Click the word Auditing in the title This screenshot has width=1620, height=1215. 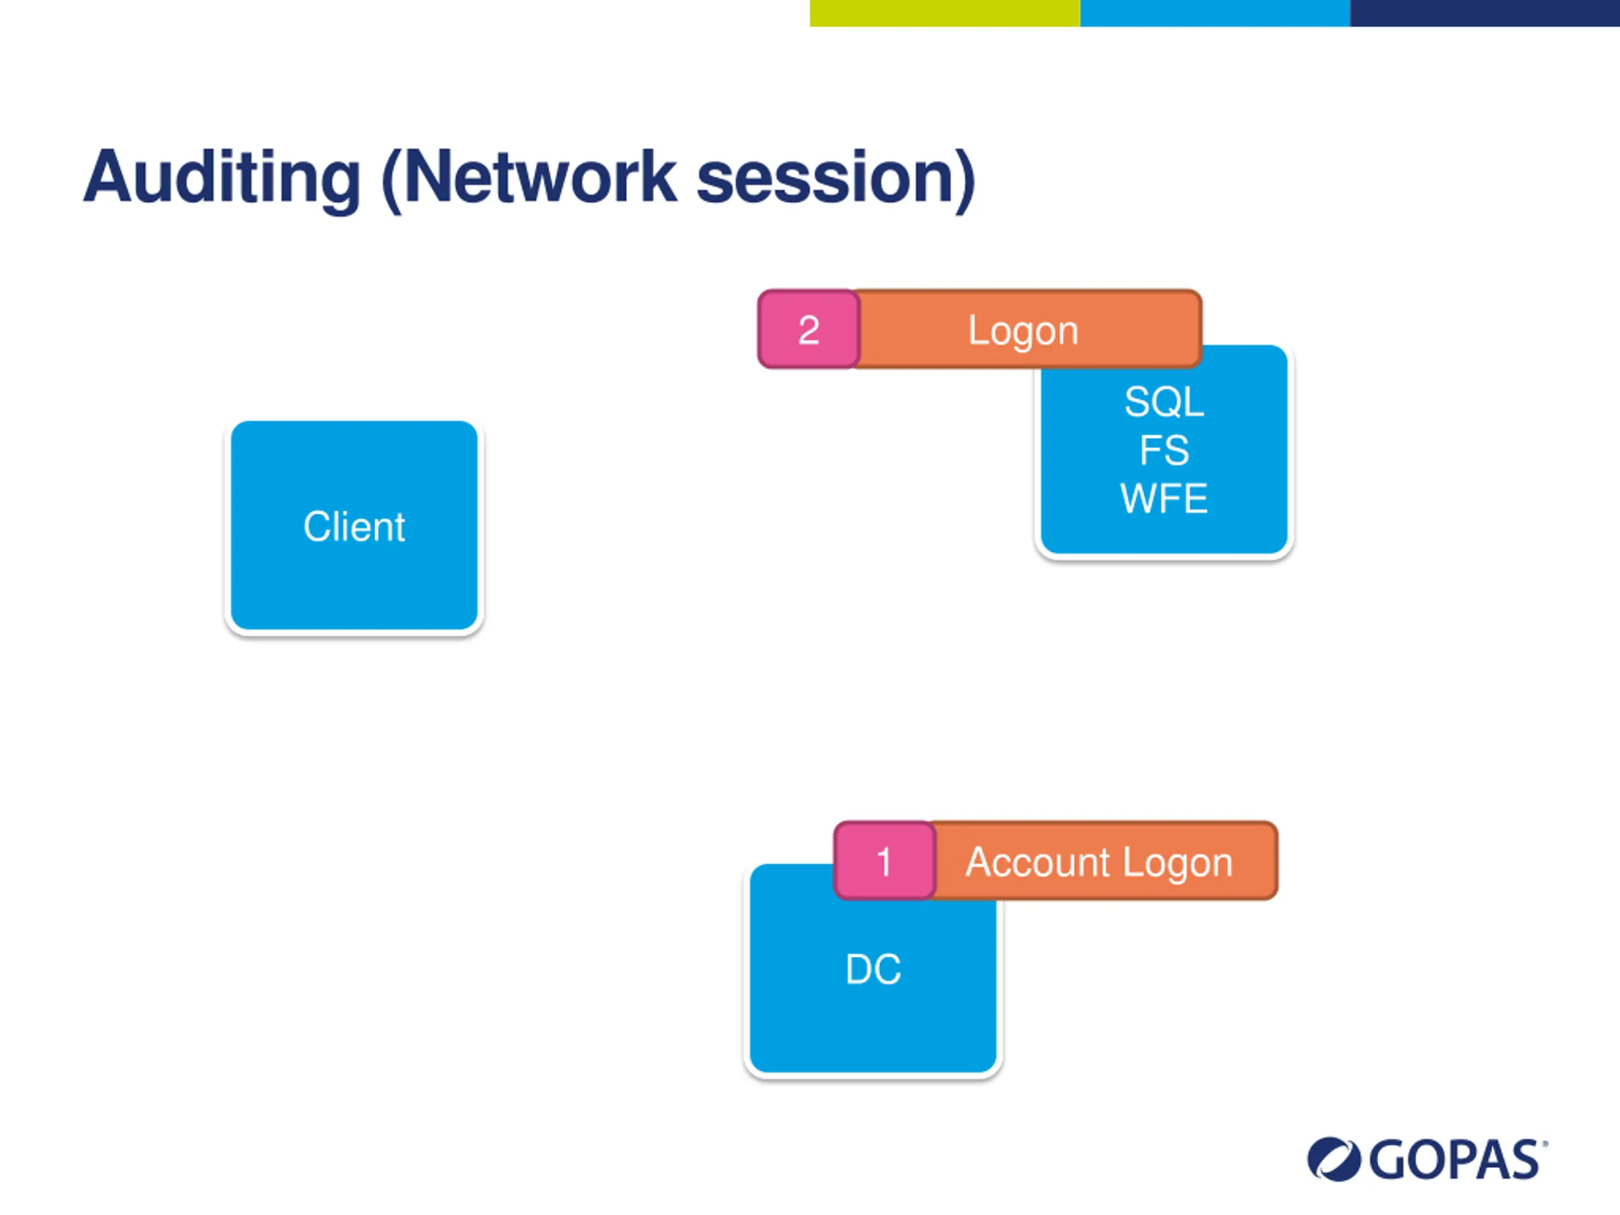click(x=222, y=178)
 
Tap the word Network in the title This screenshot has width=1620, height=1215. click(x=540, y=178)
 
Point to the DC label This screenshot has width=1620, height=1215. click(x=873, y=969)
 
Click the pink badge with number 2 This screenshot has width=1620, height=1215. click(x=809, y=330)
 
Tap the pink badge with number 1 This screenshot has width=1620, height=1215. click(x=885, y=861)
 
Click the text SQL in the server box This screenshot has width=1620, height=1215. click(x=1164, y=401)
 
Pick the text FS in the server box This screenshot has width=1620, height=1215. click(x=1164, y=450)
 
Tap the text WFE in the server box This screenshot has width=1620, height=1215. click(x=1164, y=498)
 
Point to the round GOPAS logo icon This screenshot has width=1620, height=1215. click(x=1333, y=1159)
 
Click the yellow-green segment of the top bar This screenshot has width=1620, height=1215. click(x=945, y=13)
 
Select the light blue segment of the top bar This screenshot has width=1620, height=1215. click(x=1214, y=13)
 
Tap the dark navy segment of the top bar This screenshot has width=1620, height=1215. click(x=1485, y=13)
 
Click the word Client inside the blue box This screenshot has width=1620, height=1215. click(x=354, y=526)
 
